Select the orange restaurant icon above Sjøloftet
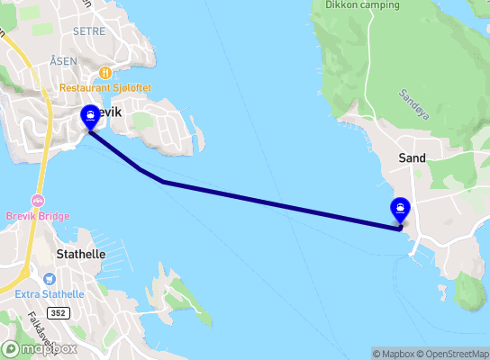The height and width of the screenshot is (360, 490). point(105,73)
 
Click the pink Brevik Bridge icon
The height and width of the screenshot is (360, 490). point(37,200)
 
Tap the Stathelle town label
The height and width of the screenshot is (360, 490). point(80,255)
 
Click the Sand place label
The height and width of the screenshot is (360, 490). point(412,157)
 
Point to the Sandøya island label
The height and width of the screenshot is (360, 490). point(411,94)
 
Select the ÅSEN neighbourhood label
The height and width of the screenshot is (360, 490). point(63,60)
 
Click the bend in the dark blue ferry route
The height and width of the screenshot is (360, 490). point(163,182)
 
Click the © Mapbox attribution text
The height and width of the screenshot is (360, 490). point(393,354)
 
